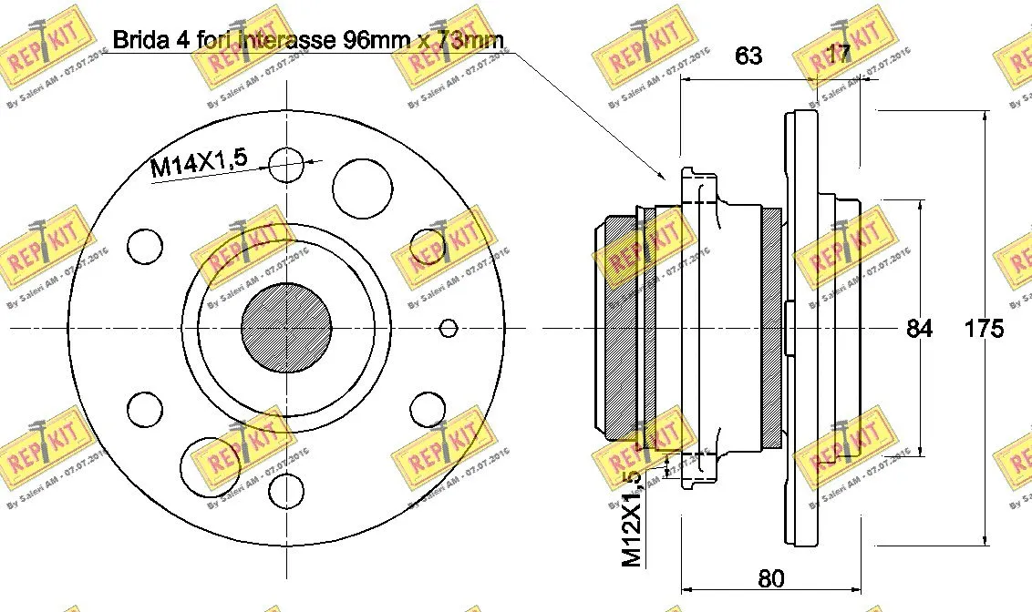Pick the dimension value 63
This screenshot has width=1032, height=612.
pos(748,55)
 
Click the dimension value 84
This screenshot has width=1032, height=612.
pos(919,329)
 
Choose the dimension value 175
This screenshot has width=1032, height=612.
pos(985,329)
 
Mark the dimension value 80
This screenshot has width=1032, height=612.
pos(770,577)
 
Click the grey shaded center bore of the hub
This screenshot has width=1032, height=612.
pos(286,327)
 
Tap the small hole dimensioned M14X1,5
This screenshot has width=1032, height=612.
pos(286,165)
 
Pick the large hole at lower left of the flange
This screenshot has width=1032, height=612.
pos(211,468)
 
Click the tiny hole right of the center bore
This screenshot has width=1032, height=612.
pos(448,328)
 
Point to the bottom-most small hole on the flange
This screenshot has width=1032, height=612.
pos(286,491)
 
